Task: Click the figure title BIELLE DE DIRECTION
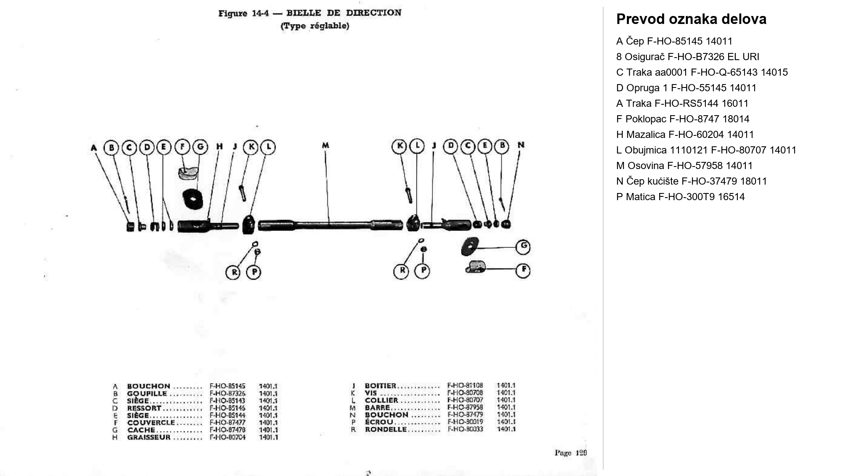click(344, 13)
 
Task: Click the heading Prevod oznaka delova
click(691, 19)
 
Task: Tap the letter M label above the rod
click(325, 145)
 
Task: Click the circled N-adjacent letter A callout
click(94, 148)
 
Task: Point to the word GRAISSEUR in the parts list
click(149, 437)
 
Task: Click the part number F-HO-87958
click(465, 407)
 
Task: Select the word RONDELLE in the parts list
click(385, 429)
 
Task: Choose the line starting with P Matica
click(680, 197)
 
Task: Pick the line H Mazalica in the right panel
click(685, 135)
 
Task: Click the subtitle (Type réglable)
click(315, 26)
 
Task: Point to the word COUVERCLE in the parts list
click(151, 423)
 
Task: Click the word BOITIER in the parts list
click(380, 386)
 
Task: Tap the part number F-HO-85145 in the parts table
click(227, 386)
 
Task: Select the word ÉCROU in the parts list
click(379, 422)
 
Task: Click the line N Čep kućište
click(691, 181)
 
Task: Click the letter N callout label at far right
click(521, 145)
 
